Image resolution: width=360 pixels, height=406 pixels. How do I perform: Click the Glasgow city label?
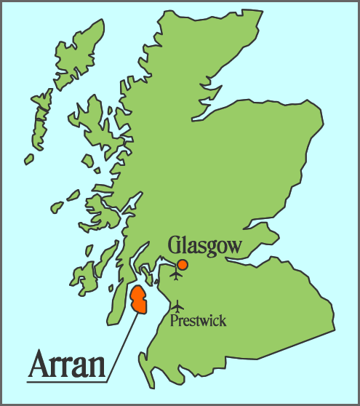click(x=204, y=246)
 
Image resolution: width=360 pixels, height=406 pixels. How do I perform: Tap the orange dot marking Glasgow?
click(x=183, y=264)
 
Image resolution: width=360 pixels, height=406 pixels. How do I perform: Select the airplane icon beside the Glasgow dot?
click(x=175, y=275)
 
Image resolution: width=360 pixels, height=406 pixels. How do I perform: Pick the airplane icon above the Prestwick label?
click(x=177, y=306)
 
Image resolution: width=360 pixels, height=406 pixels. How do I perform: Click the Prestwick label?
click(x=198, y=320)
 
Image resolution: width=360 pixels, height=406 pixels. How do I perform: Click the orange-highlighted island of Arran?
click(x=137, y=300)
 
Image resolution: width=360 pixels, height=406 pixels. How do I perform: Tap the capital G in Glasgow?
click(x=175, y=245)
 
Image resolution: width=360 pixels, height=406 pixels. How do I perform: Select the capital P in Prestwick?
click(x=173, y=320)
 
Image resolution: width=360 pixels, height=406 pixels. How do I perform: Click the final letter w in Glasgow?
click(x=233, y=247)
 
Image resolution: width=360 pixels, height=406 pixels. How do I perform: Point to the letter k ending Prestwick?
click(x=223, y=320)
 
